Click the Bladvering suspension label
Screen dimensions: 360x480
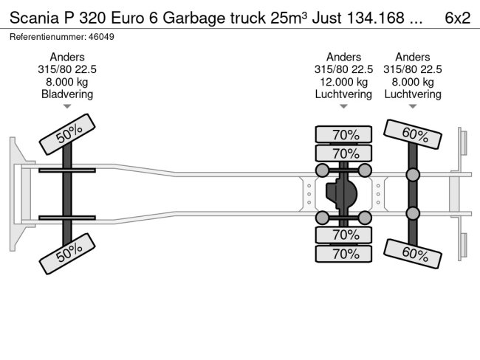[x=67, y=94]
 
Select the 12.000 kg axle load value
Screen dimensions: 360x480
[x=343, y=81]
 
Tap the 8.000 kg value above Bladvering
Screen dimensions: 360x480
[x=67, y=81]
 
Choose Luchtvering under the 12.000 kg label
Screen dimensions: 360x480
[x=343, y=94]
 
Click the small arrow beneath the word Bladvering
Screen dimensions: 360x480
[x=67, y=106]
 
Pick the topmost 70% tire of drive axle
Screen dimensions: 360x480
[x=343, y=134]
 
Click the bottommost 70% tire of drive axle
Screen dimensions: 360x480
[x=343, y=254]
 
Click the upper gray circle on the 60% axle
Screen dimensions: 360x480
[x=413, y=175]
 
